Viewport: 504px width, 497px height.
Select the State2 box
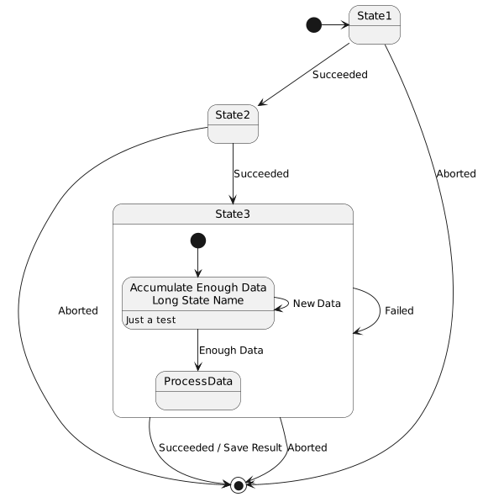coord(233,124)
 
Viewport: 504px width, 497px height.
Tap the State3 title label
coord(233,214)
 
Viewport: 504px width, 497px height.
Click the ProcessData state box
coord(198,390)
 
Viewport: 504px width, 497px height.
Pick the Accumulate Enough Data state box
coord(198,303)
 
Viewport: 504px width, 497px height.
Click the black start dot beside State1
coord(313,24)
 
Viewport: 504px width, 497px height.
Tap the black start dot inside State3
coord(198,241)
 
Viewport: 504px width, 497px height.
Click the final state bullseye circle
coord(239,484)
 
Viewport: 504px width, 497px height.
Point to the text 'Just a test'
coord(151,320)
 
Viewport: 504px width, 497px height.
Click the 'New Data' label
coord(317,304)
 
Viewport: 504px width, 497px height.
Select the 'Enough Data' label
coord(231,350)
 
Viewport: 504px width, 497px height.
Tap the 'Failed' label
coord(399,311)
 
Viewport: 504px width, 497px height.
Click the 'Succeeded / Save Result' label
coord(220,447)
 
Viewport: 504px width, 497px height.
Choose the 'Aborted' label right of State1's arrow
coord(456,174)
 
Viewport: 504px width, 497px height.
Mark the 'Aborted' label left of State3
coord(78,311)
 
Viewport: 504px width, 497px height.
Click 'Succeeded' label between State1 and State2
coord(340,75)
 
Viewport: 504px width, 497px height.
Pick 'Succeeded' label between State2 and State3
coord(261,174)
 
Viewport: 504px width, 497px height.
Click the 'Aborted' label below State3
coord(307,447)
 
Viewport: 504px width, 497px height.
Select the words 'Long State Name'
coord(198,300)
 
